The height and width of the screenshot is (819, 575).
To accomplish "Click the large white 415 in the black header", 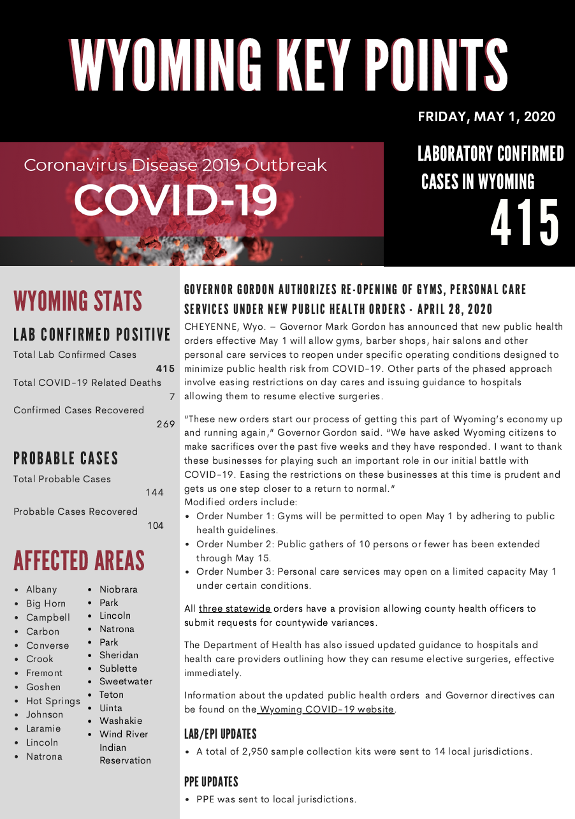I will tap(525, 223).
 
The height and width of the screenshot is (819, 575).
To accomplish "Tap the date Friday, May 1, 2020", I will tap(486, 117).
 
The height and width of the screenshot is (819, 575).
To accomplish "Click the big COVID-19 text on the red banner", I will tap(175, 200).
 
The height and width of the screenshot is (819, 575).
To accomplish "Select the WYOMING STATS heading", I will tap(78, 301).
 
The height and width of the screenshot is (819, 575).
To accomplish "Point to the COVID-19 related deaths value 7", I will tap(171, 397).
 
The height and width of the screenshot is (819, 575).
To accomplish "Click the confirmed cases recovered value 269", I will tap(166, 424).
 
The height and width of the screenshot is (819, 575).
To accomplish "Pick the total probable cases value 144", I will tap(154, 492).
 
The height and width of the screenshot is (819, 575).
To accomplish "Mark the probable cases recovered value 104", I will tap(155, 526).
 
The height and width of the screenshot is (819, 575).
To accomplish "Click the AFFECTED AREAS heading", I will tap(79, 561).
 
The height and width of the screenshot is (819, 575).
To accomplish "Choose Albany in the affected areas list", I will tap(41, 589).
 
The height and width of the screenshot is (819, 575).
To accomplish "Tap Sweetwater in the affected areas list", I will tap(126, 681).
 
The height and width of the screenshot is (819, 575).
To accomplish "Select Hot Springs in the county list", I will tap(53, 701).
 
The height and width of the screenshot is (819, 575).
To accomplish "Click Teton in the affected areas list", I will tap(112, 695).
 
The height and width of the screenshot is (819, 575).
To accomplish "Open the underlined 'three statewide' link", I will tap(235, 609).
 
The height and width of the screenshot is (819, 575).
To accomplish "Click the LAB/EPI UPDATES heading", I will tap(220, 734).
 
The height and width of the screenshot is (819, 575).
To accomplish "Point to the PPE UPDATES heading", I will tap(211, 781).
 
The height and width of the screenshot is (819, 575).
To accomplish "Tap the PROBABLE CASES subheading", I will tap(66, 458).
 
